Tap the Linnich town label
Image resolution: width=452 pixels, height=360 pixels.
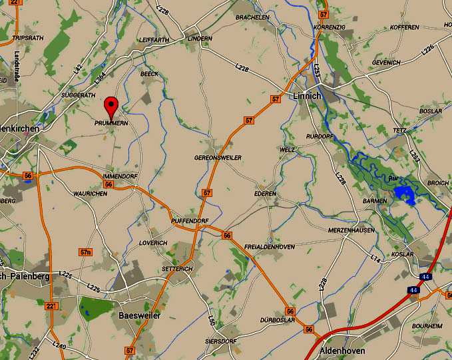307,96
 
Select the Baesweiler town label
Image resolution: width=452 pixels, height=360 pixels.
139,316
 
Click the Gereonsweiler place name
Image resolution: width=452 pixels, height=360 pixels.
217,157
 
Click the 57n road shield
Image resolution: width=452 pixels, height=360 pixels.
85,252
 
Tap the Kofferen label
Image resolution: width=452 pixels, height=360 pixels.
405,27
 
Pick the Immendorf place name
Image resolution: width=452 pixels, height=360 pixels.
120,176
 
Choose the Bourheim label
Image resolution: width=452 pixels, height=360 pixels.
427,326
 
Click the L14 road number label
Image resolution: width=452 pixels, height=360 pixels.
376,258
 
